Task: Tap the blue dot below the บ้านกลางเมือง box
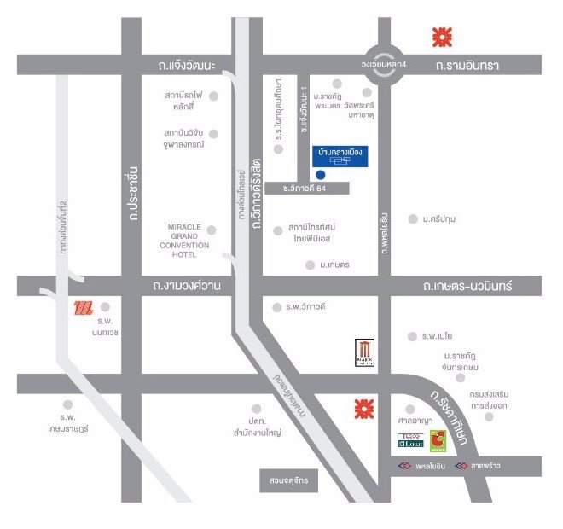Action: tap(320, 175)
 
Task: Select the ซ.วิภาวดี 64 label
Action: tap(294, 188)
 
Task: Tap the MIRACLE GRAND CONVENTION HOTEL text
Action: tap(178, 241)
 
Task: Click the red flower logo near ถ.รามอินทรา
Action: tap(441, 37)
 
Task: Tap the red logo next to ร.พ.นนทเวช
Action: tap(82, 307)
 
